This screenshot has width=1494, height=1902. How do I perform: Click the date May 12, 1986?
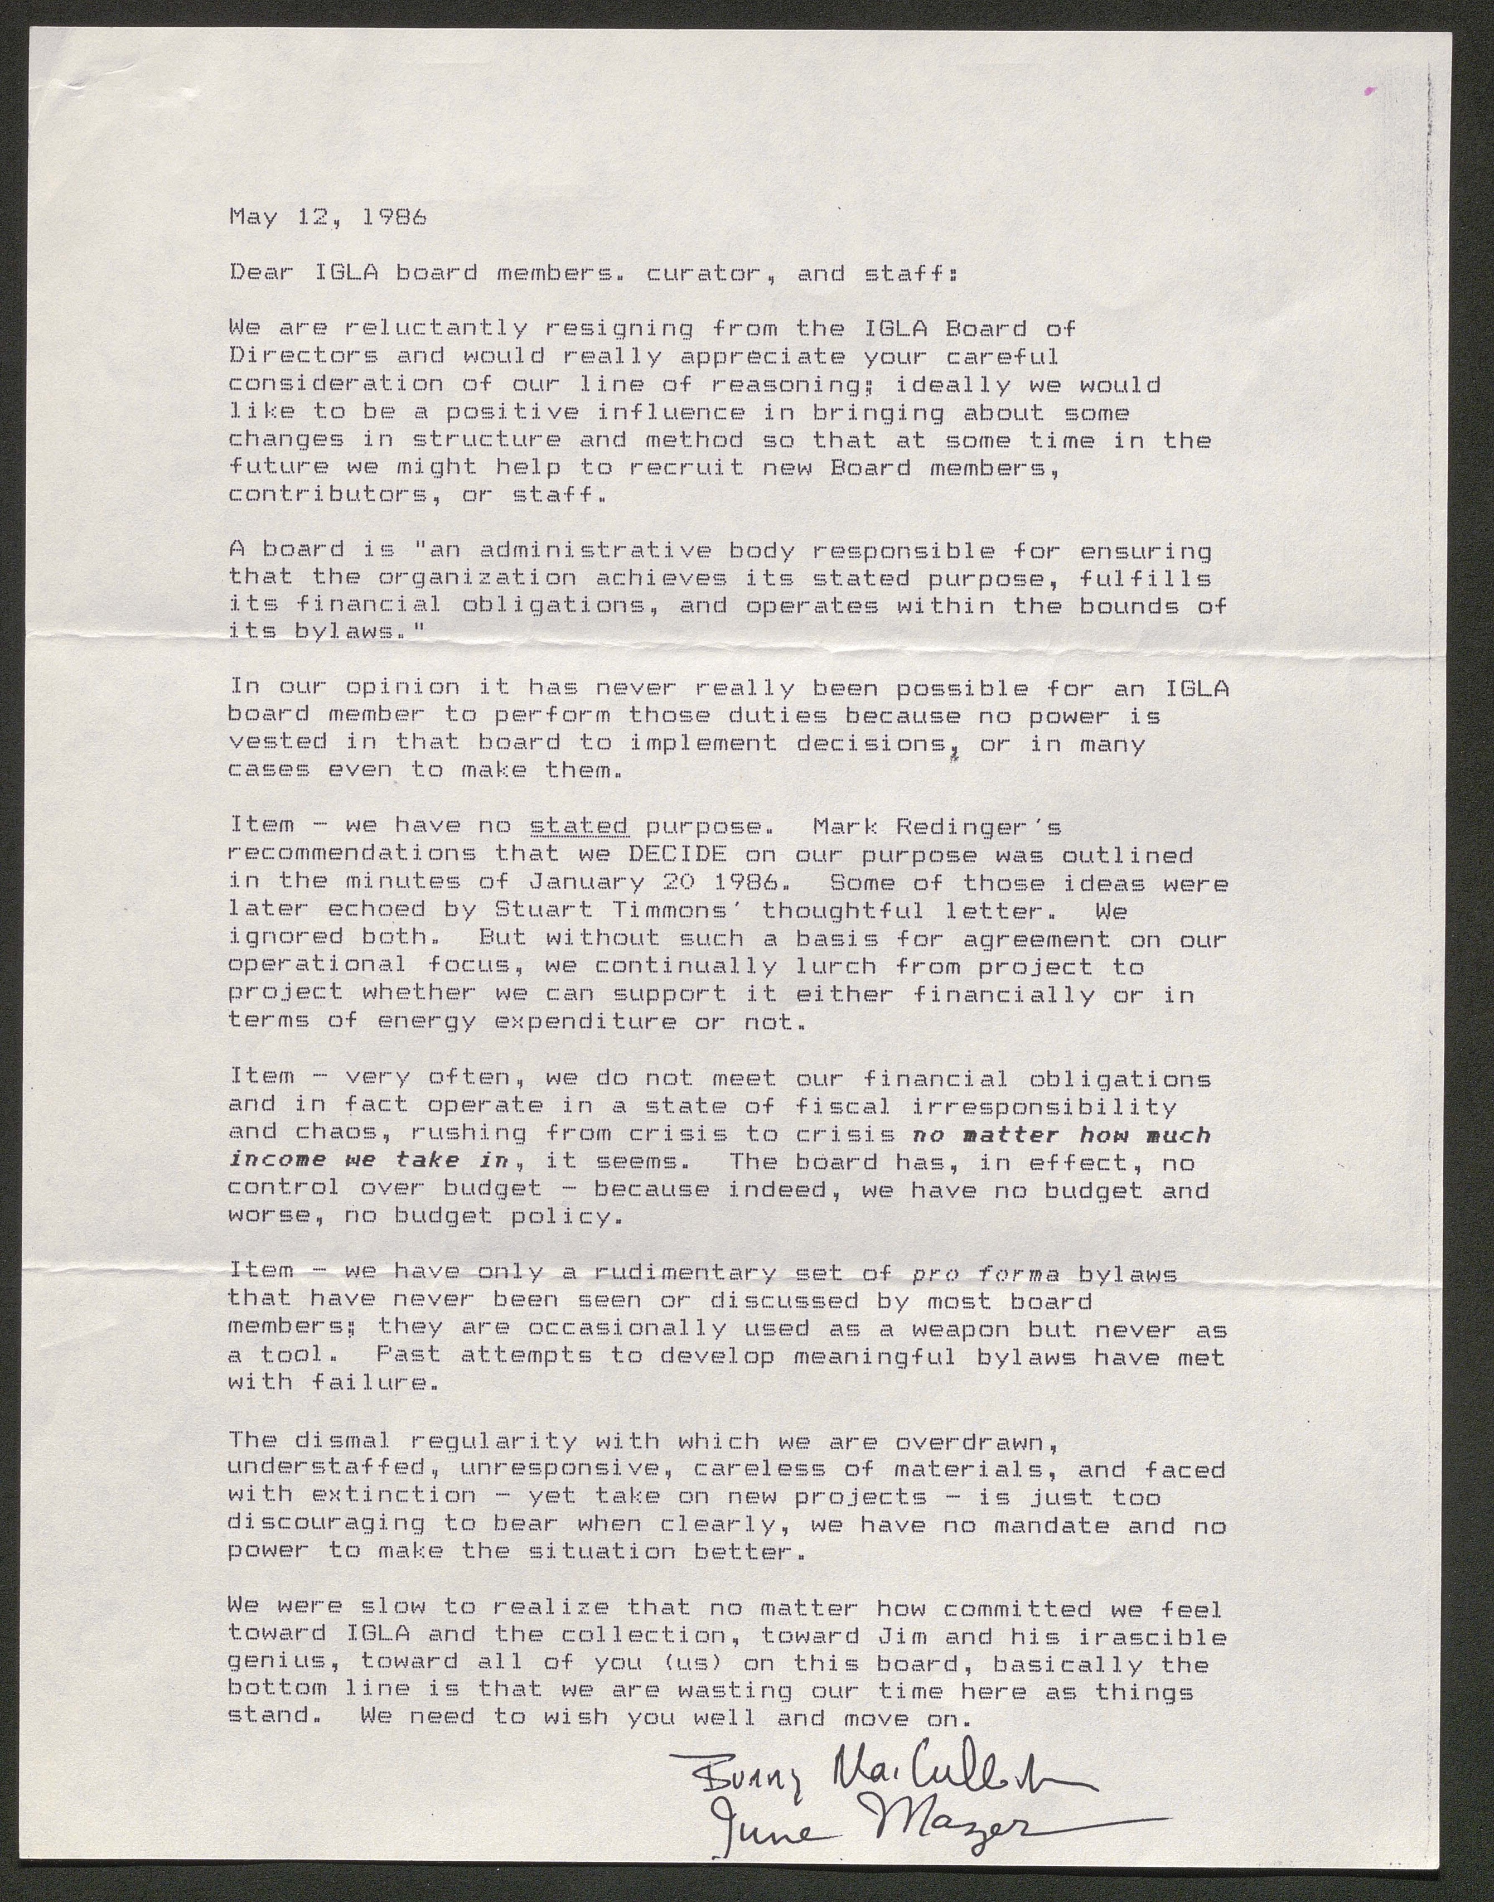click(x=327, y=218)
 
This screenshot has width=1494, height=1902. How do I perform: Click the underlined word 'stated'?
click(x=579, y=825)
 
